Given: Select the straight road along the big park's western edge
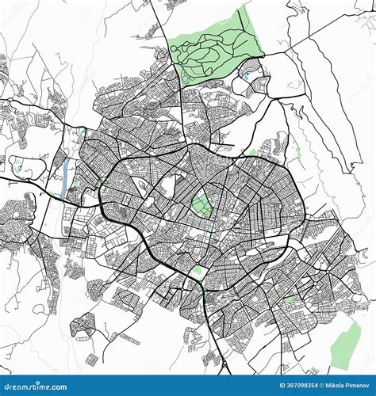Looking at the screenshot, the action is [x=182, y=111].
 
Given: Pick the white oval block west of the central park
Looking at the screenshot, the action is [x=167, y=186].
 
